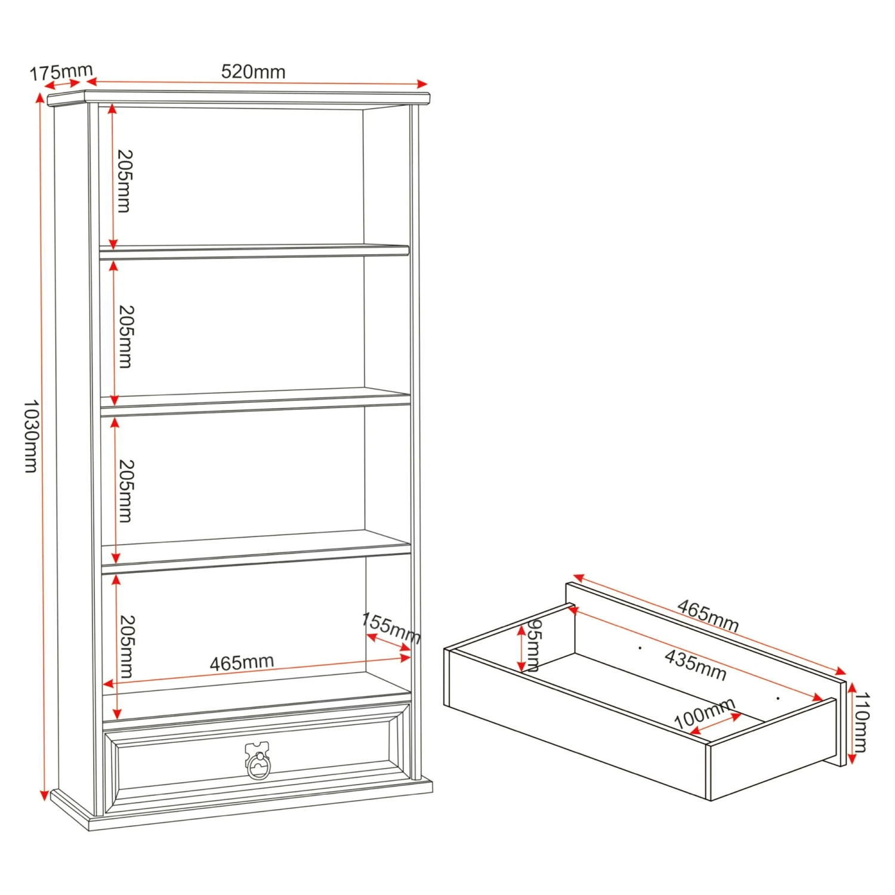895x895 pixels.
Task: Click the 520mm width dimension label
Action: coord(253,72)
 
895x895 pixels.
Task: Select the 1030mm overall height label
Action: coord(31,436)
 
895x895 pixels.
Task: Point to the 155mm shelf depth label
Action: coord(391,628)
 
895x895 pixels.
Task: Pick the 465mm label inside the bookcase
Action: coord(242,662)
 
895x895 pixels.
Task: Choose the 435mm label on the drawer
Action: coord(696,665)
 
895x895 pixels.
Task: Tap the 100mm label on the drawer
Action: coord(704,713)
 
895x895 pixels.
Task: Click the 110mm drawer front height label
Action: coord(862,722)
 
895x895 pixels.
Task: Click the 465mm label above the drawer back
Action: coord(708,616)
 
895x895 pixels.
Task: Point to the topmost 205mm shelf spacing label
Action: coord(124,181)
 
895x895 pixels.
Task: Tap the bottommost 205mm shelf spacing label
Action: coord(127,647)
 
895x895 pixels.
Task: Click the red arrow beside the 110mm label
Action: coord(851,723)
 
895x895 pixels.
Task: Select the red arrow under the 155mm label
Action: coord(388,647)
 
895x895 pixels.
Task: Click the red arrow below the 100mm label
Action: coord(715,723)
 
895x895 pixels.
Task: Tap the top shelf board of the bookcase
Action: coord(254,251)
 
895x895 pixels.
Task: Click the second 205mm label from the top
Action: coord(126,337)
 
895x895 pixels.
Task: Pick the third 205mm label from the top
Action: coord(126,491)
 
